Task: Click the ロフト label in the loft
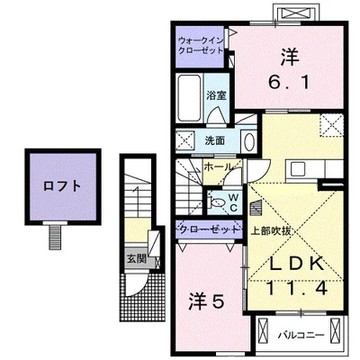point(62,186)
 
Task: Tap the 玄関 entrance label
point(137,258)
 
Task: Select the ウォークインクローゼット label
point(201,46)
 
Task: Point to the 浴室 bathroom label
point(216,95)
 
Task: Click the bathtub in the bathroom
point(189,98)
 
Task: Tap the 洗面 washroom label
point(215,140)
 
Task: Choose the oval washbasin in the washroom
point(249,142)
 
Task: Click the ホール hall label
point(219,166)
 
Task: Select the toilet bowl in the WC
point(217,202)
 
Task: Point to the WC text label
point(234,202)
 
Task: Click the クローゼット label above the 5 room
point(209,229)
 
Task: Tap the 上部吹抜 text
point(270,231)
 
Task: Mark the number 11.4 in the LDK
point(296,289)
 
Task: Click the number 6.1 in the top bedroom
point(289,83)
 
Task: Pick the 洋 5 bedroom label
point(207,302)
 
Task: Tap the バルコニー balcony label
point(301,335)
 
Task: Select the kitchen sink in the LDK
point(298,169)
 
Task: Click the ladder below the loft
point(55,238)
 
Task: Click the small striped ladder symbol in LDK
point(256,208)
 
